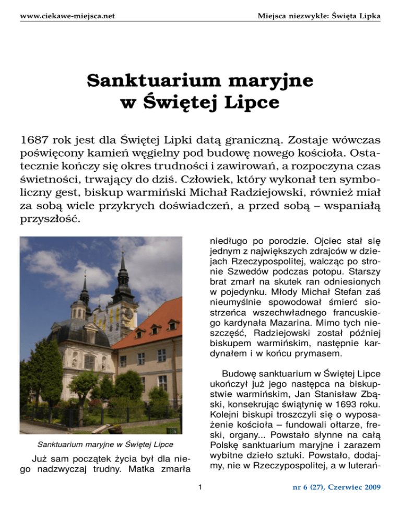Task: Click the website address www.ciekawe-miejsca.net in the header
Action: (67, 16)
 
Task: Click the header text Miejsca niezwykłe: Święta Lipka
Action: (319, 16)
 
